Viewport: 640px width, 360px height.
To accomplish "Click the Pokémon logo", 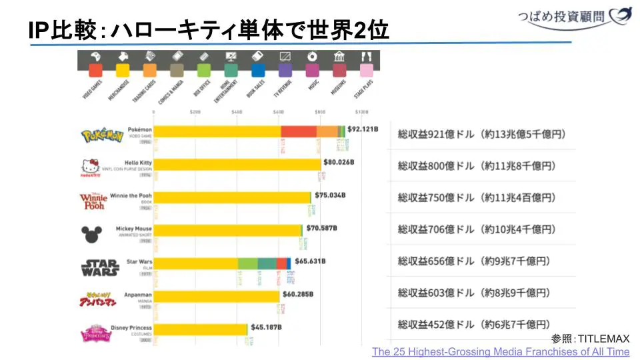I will [102, 136].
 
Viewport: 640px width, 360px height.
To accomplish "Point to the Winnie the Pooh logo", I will [93, 201].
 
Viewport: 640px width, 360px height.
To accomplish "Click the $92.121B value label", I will [362, 129].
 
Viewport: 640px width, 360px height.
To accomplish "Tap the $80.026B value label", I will [338, 162].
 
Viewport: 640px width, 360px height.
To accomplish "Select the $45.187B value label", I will [265, 327].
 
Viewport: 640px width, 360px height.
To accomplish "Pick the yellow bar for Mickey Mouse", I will [227, 230].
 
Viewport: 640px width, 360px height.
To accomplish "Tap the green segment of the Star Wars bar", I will [247, 263].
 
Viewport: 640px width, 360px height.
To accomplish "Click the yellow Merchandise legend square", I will [123, 70].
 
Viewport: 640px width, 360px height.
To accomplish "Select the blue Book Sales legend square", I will [258, 70].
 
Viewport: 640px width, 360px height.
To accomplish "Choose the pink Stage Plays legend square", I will [366, 70].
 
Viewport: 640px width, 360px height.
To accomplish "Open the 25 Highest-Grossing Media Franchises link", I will [500, 351].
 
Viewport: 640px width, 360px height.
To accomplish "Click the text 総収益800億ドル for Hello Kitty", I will [436, 166].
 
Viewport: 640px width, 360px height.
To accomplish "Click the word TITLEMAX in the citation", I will [603, 339].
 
